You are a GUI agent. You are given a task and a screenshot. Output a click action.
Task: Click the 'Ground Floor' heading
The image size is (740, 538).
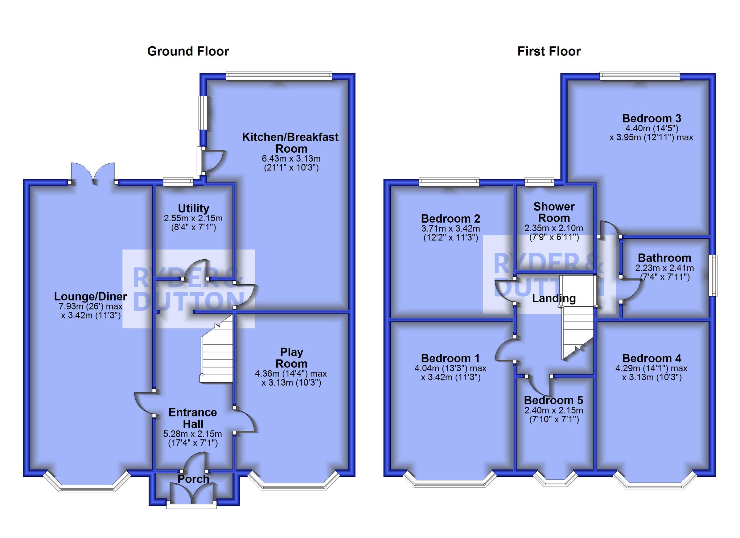188,51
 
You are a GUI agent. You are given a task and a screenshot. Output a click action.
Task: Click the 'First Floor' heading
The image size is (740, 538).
549,51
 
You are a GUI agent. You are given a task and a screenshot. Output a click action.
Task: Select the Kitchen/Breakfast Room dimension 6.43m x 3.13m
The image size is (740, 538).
291,159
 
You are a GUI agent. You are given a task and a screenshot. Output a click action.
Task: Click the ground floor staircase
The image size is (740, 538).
216,355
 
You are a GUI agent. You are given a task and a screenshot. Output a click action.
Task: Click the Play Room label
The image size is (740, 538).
291,358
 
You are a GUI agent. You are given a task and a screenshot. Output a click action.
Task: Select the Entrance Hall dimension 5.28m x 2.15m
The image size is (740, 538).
192,434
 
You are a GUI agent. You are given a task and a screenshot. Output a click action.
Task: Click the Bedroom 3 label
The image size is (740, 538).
651,118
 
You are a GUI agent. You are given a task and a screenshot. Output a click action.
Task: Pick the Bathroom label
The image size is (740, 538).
664,258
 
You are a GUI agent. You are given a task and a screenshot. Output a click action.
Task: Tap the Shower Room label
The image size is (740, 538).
554,212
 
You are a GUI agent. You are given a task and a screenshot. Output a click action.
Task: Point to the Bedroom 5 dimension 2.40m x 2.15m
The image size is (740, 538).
554,410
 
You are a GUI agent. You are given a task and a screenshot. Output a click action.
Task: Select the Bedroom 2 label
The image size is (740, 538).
450,218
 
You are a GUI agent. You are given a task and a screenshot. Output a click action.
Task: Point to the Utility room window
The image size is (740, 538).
178,182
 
